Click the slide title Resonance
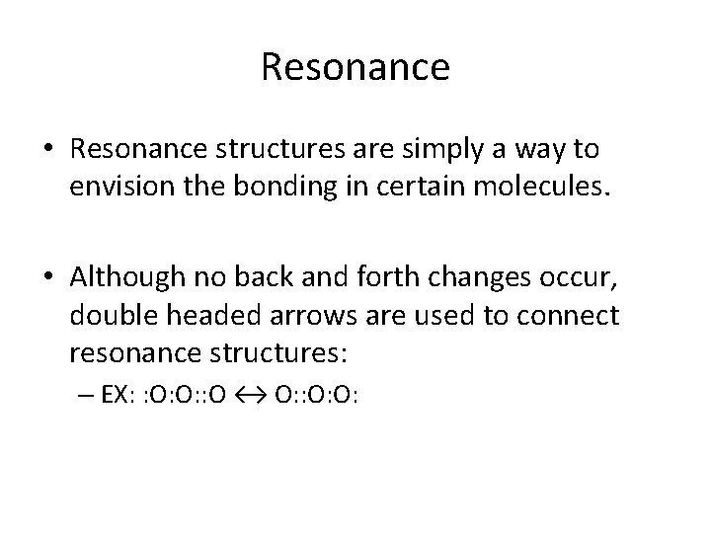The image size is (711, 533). pyautogui.click(x=355, y=68)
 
